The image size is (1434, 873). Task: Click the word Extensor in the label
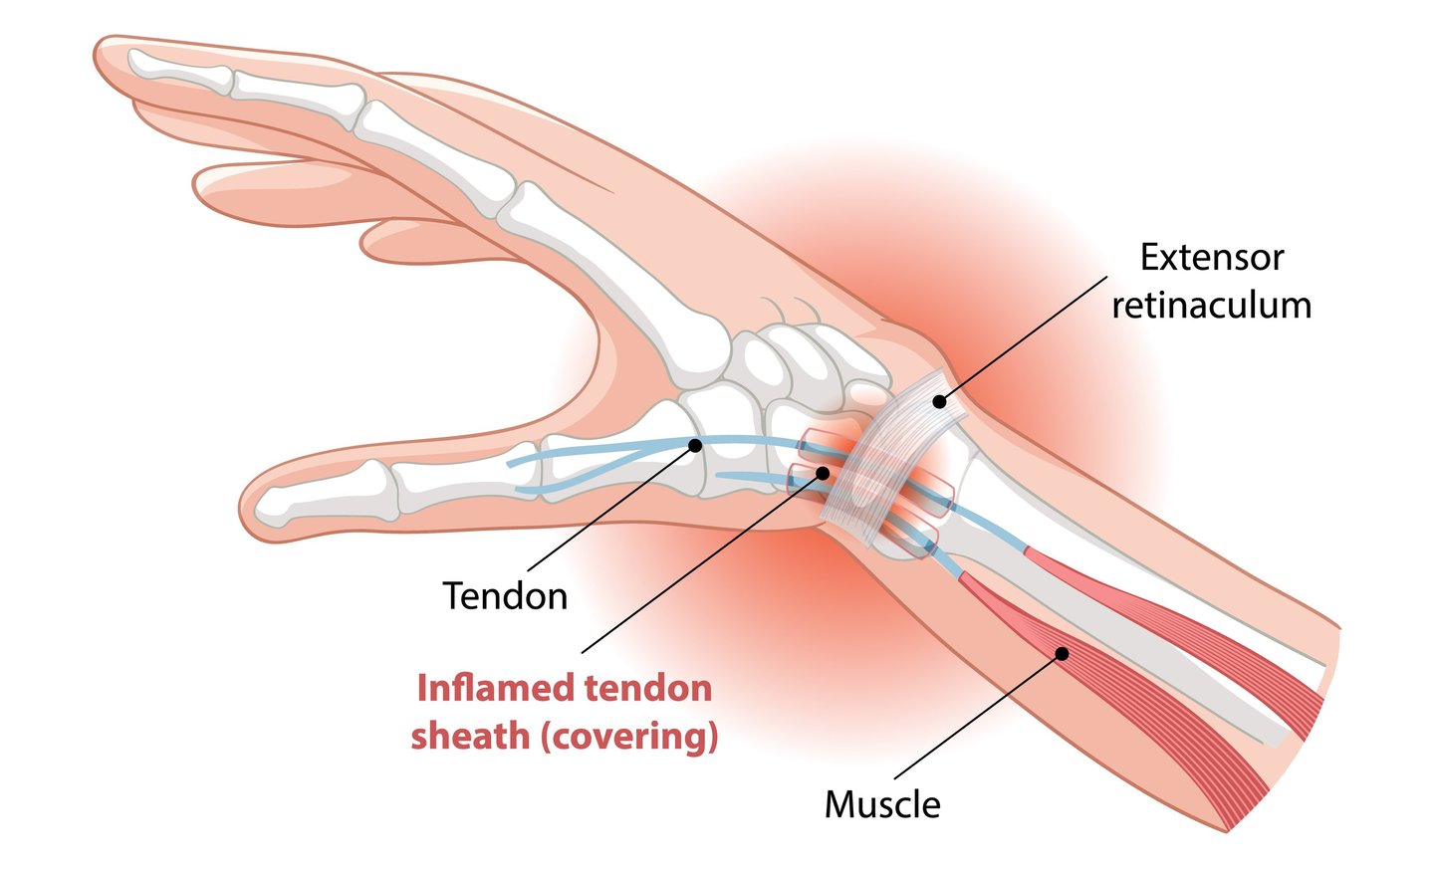pos(1211,258)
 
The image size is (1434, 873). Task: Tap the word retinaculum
pos(1211,306)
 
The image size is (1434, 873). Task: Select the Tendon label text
pos(505,596)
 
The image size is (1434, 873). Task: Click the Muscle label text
pos(882,804)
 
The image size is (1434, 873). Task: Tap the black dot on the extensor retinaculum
pos(938,402)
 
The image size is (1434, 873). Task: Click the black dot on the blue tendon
pos(695,445)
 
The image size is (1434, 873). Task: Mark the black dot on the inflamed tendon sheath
pos(823,472)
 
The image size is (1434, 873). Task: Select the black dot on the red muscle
pos(1062,653)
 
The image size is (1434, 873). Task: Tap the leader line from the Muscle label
pos(976,717)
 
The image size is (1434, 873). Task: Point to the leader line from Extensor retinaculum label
pos(1026,338)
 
